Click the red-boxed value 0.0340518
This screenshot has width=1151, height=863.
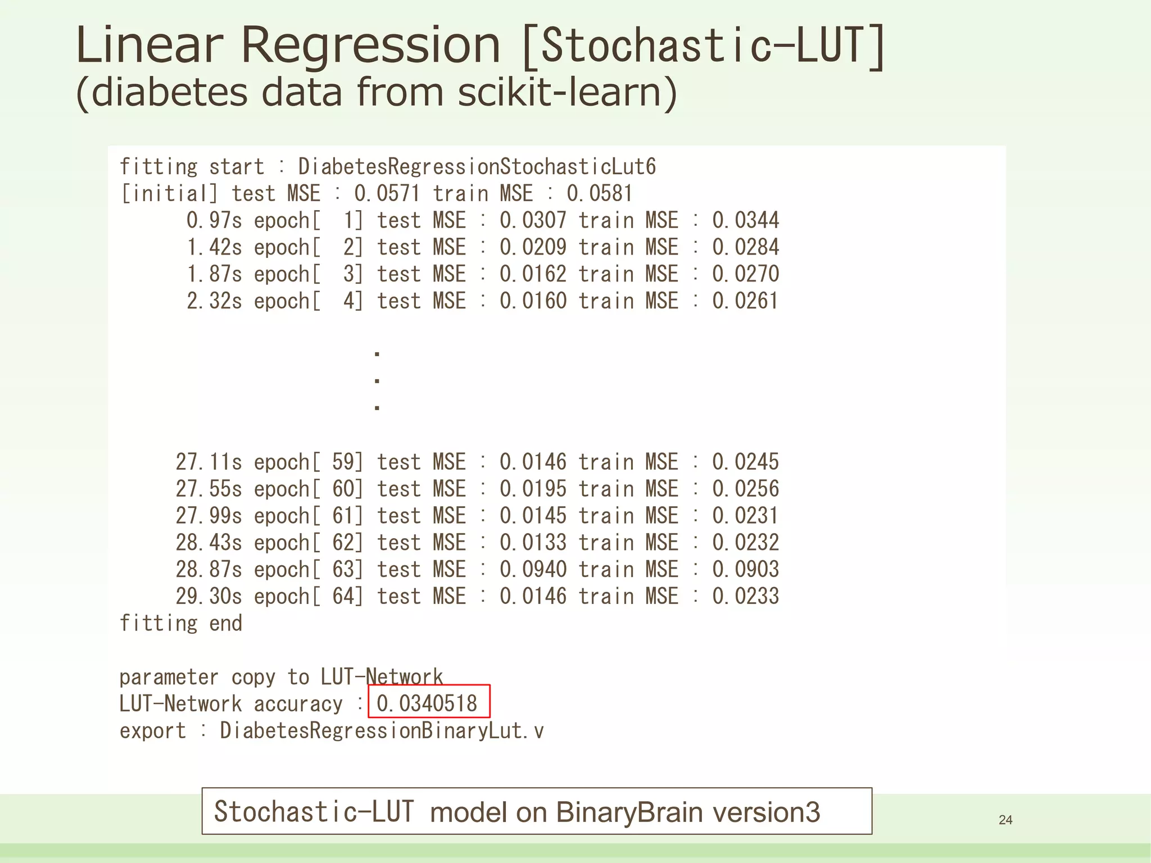tap(427, 703)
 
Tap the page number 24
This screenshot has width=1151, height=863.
tap(1005, 820)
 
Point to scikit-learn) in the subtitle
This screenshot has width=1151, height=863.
tap(568, 92)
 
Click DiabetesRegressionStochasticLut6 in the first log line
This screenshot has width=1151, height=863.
tap(477, 166)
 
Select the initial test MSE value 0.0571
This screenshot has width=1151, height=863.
tap(387, 193)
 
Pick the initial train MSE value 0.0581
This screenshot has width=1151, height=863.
tap(600, 193)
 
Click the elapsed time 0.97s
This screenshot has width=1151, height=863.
tap(214, 220)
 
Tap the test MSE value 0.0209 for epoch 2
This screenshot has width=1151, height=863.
tap(533, 247)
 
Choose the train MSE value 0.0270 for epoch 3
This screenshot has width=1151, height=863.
tap(746, 274)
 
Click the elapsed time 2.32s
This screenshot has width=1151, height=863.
tap(214, 301)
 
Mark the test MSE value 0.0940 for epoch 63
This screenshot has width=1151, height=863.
tap(533, 570)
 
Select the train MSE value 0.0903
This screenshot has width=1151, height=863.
tap(746, 570)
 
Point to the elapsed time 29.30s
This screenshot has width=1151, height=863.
tap(209, 596)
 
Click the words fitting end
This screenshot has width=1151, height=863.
tap(181, 623)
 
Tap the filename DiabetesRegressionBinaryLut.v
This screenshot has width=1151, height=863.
tap(382, 730)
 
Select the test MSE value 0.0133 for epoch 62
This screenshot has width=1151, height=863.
tap(533, 543)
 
